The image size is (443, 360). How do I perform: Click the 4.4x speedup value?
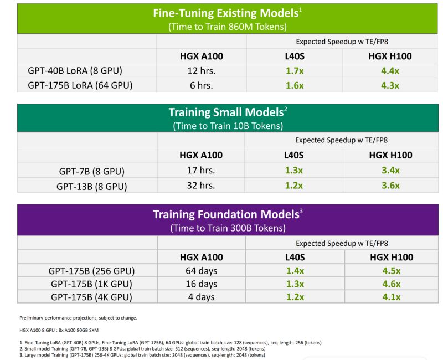(x=390, y=71)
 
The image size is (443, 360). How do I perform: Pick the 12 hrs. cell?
(x=201, y=71)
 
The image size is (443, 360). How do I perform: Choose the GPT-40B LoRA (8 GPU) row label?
(x=75, y=71)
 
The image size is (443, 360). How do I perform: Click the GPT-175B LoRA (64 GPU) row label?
(x=80, y=85)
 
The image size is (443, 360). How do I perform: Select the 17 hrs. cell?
(x=201, y=171)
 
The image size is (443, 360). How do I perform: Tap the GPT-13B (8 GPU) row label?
(x=91, y=186)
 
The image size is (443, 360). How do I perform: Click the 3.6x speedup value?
(x=390, y=186)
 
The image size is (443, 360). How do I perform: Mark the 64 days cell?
(x=202, y=271)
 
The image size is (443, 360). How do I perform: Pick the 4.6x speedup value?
(x=391, y=284)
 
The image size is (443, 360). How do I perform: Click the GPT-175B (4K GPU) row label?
(x=91, y=297)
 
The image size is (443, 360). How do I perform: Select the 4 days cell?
(x=202, y=297)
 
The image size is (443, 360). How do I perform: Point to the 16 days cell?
(x=202, y=284)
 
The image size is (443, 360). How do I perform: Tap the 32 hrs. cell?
(x=201, y=186)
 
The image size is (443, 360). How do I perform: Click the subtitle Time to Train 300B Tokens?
(x=228, y=228)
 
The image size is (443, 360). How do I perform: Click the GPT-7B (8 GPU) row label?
(x=91, y=171)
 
